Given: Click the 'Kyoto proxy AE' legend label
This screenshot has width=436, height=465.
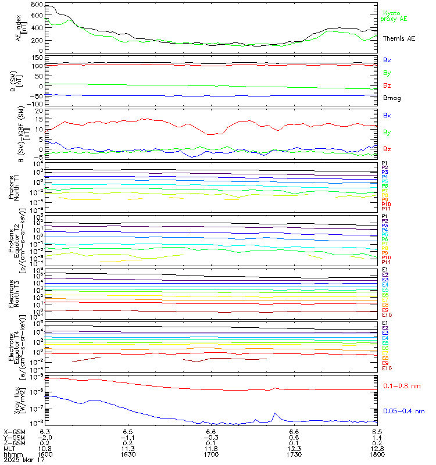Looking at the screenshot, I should click(x=395, y=16).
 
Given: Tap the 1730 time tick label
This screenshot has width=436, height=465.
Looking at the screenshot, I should click(x=294, y=454).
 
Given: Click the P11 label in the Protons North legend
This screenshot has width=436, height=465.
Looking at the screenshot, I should click(x=385, y=209).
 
